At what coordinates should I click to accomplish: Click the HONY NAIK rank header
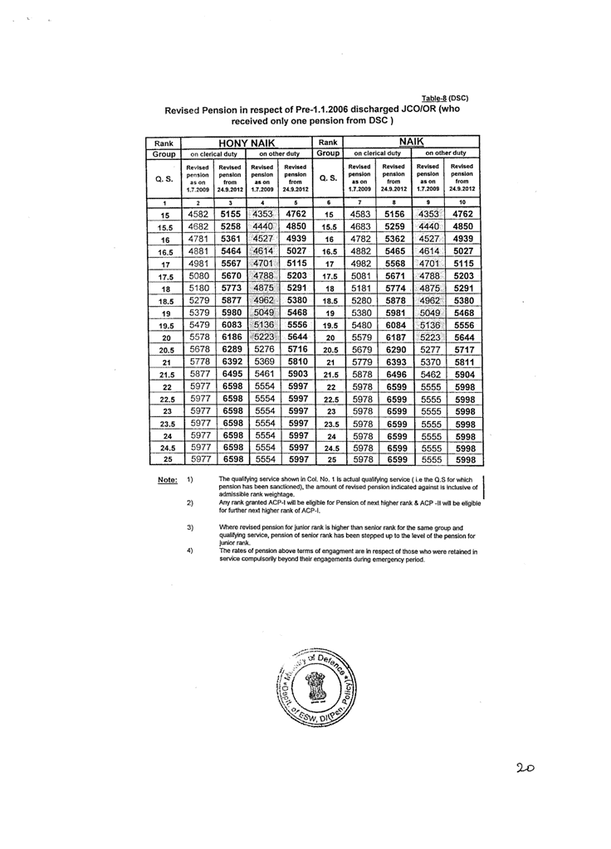[246, 142]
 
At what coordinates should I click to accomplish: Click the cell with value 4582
[198, 214]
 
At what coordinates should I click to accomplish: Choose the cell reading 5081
[361, 276]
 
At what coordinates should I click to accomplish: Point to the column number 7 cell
[360, 202]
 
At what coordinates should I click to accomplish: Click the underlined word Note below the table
[167, 480]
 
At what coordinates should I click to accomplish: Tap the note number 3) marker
[190, 527]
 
